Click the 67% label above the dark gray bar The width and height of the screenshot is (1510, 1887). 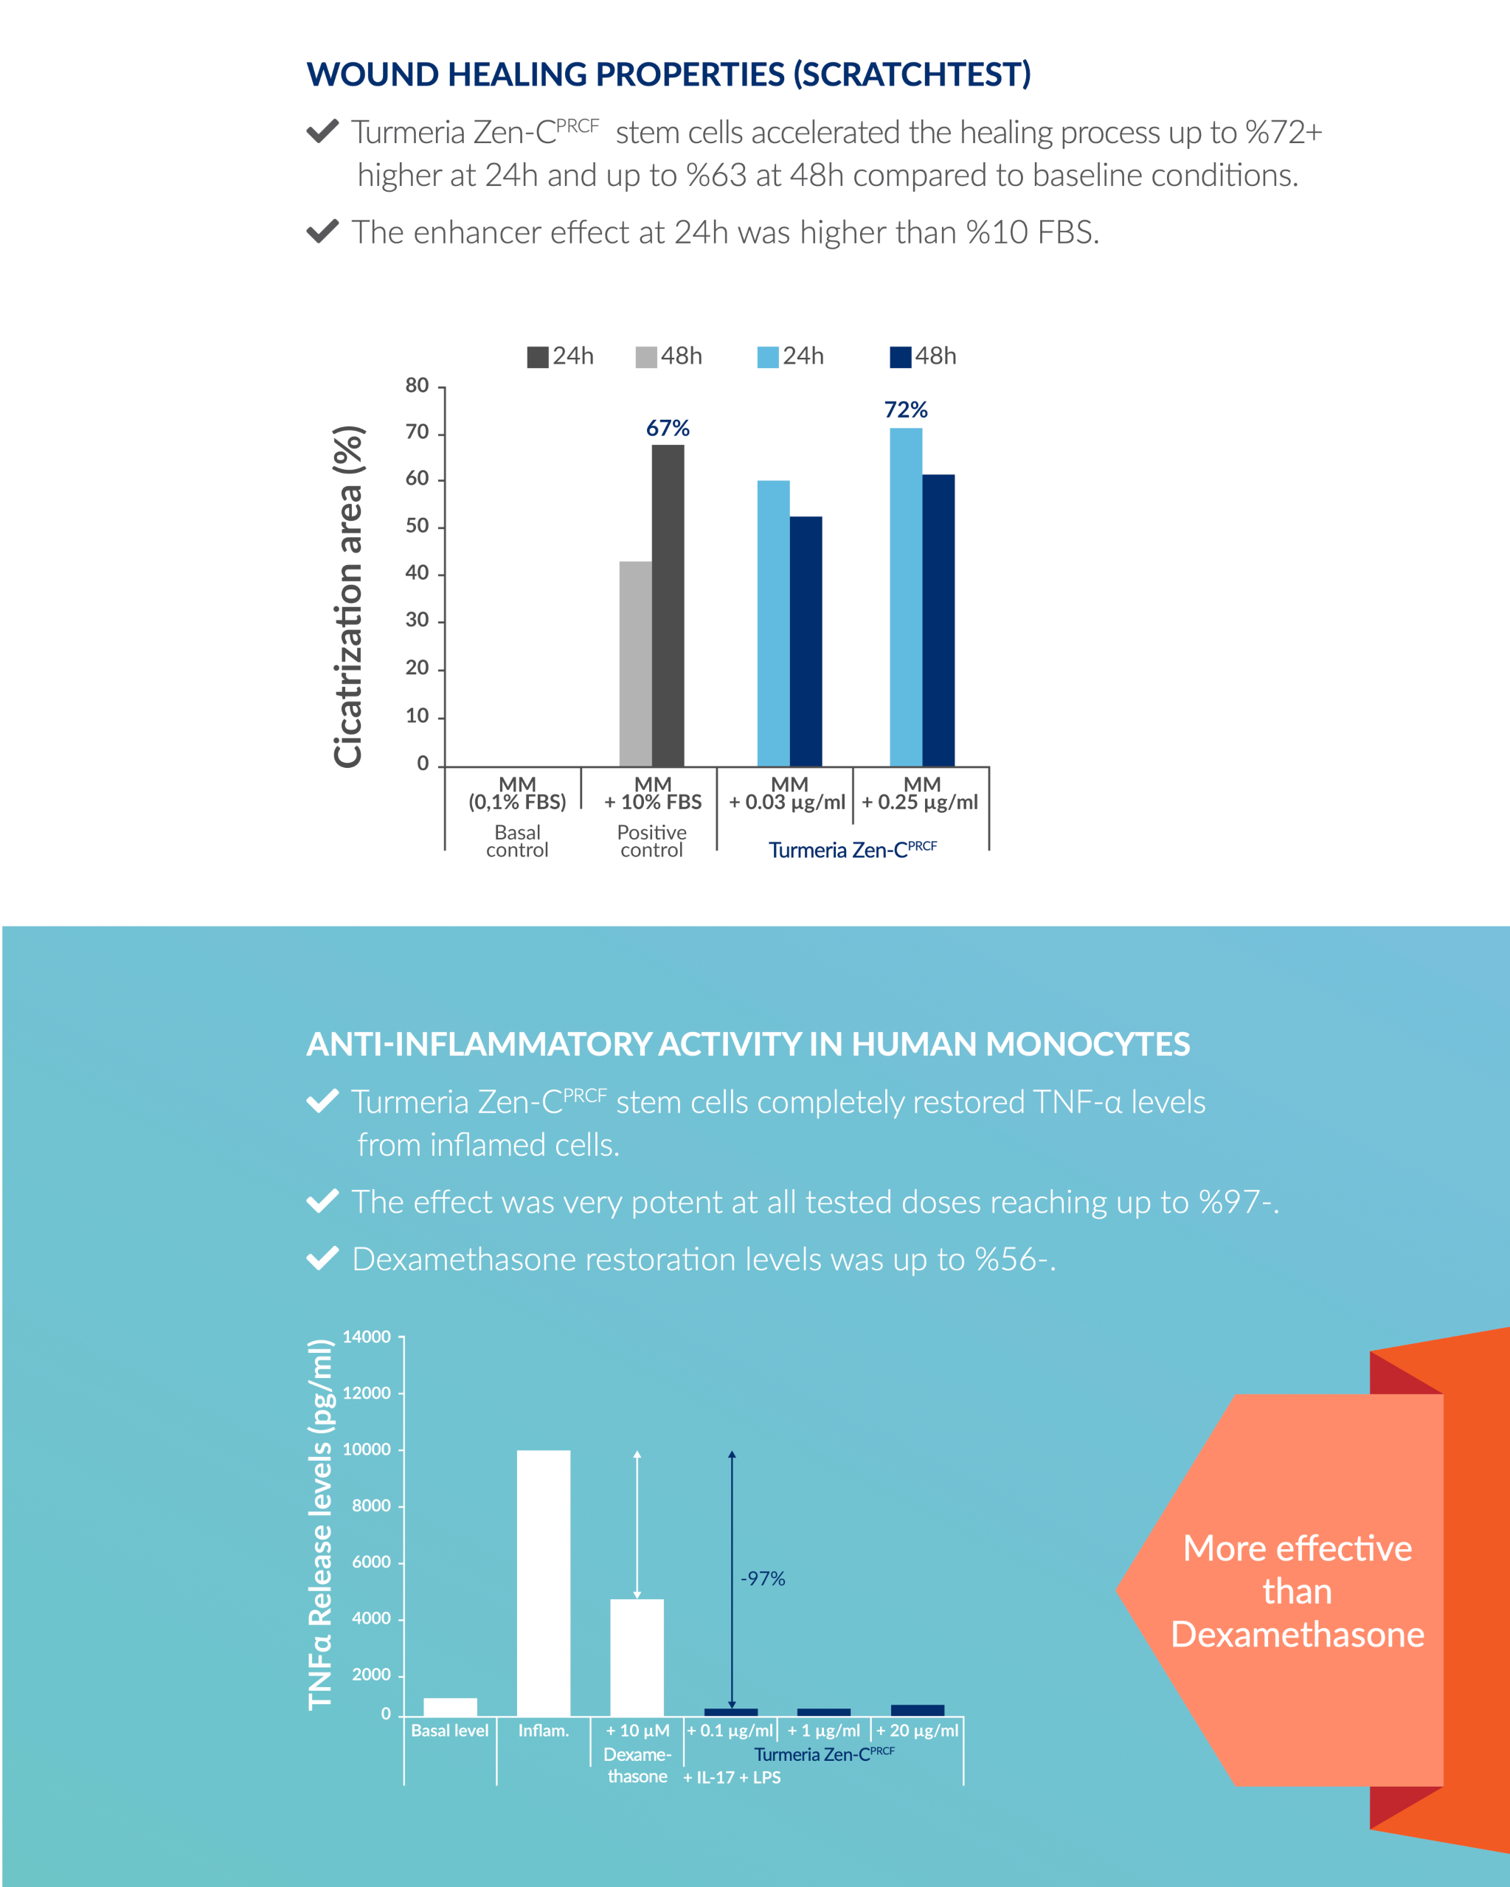[x=667, y=428]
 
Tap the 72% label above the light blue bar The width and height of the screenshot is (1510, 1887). [x=905, y=409]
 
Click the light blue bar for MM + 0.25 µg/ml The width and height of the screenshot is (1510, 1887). [x=905, y=597]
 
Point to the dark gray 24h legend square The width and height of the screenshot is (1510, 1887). [x=538, y=357]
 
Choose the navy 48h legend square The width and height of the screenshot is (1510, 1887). [x=900, y=357]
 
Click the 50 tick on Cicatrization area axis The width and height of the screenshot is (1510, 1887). [x=417, y=526]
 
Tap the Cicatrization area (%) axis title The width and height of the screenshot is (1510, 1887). [x=347, y=597]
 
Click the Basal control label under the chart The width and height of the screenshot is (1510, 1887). [x=516, y=841]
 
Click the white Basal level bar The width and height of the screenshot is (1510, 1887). [x=450, y=1707]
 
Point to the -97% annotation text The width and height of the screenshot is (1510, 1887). [x=763, y=1579]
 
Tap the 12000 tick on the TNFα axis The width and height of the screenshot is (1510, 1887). [x=366, y=1393]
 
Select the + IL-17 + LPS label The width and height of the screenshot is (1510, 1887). [x=732, y=1778]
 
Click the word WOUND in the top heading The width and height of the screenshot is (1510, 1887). [x=373, y=75]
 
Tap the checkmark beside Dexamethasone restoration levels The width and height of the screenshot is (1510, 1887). [x=322, y=1258]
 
